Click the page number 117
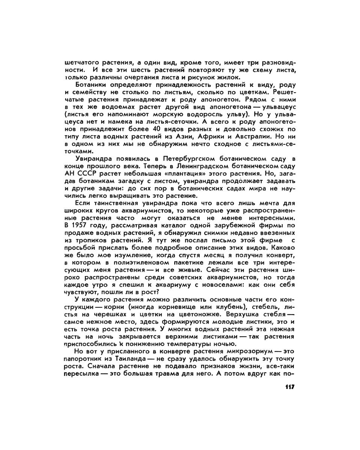(289, 387)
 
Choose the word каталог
(171, 225)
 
